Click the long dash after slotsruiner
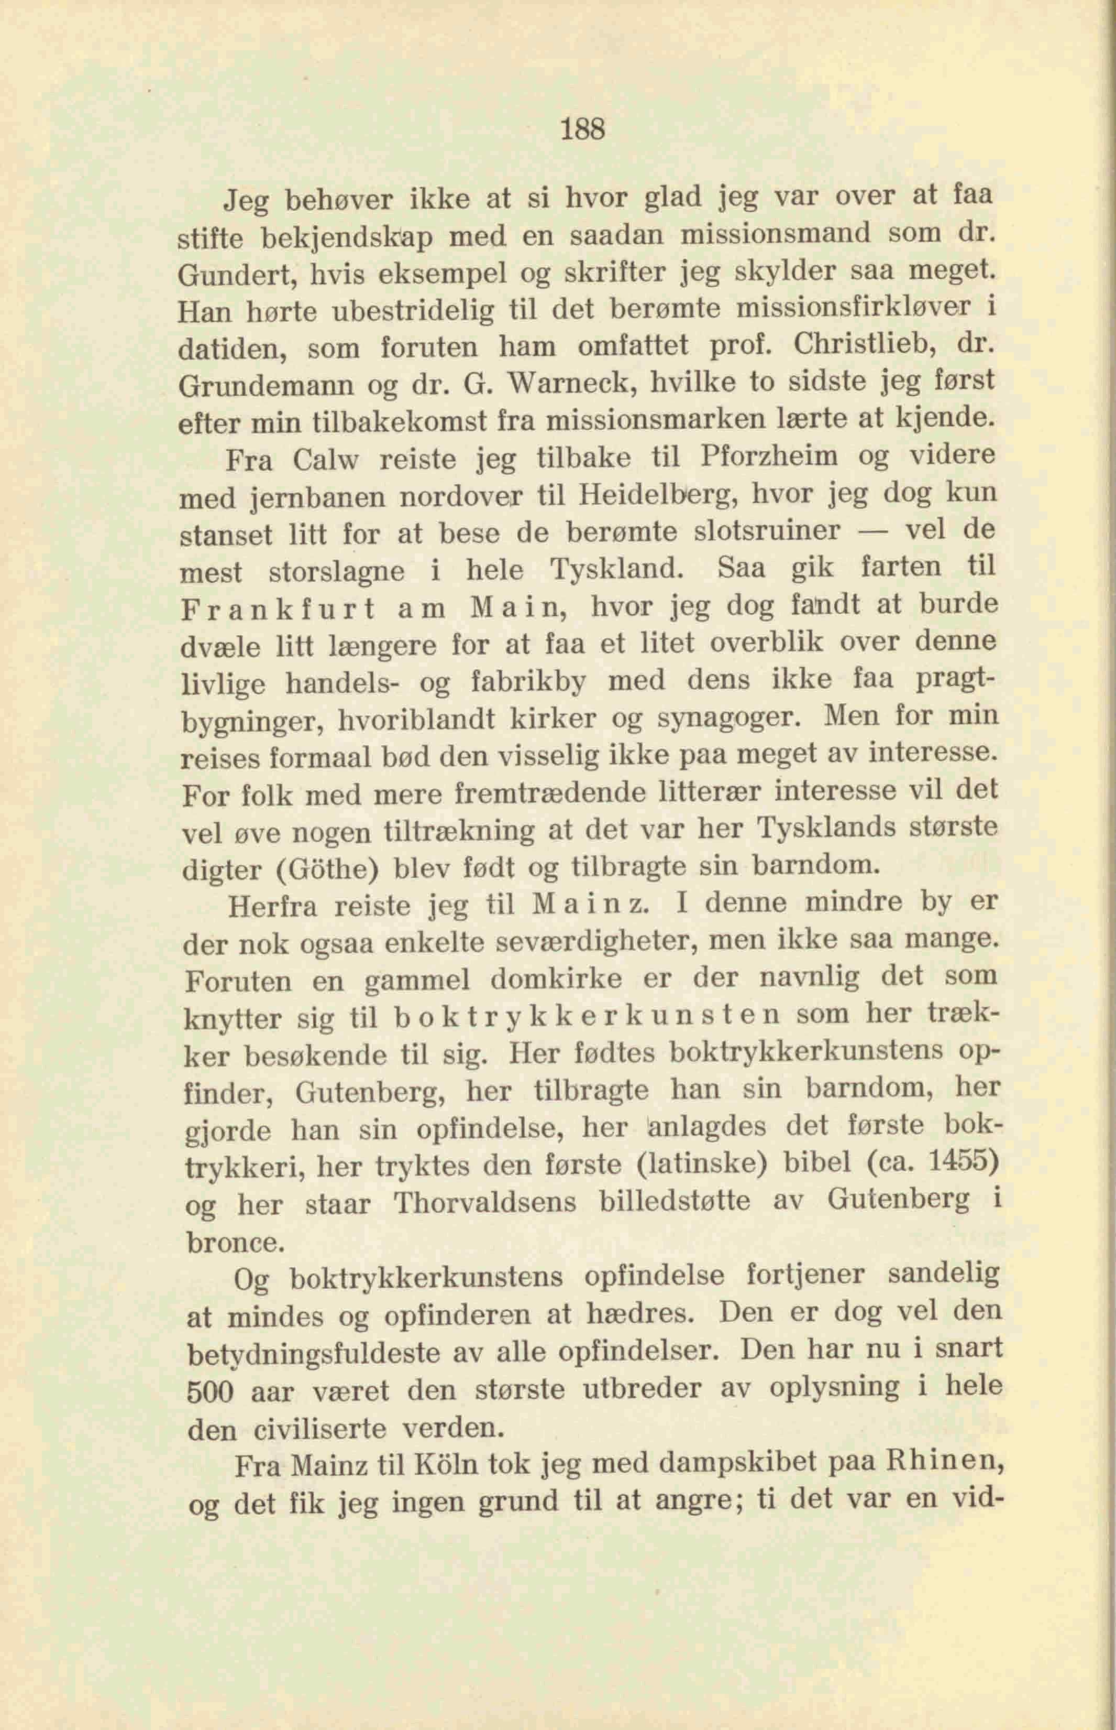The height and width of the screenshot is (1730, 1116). click(872, 531)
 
